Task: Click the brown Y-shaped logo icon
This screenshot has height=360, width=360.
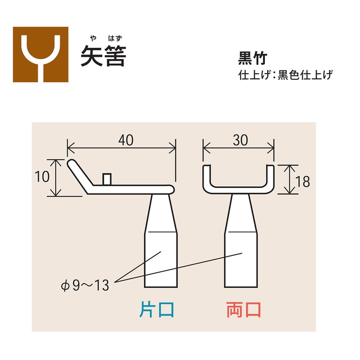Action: click(40, 55)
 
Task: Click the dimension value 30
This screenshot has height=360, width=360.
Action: click(240, 141)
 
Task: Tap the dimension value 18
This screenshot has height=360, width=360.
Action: click(302, 181)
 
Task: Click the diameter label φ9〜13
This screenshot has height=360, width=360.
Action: click(85, 284)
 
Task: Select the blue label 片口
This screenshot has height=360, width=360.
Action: click(157, 309)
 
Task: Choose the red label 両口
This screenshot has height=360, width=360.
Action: click(244, 309)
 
